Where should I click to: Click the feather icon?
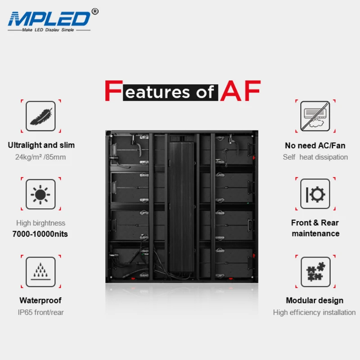(41, 116)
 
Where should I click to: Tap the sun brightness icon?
(41, 194)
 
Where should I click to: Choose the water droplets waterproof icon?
(41, 272)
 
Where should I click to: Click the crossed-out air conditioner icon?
(315, 116)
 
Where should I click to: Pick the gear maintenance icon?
(315, 194)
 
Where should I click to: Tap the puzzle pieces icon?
(315, 272)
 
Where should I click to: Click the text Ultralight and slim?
(41, 145)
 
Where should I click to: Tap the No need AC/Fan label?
(315, 145)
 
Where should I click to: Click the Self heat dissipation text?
(315, 157)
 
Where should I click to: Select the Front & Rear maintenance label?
(315, 228)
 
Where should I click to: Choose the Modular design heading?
(315, 301)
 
